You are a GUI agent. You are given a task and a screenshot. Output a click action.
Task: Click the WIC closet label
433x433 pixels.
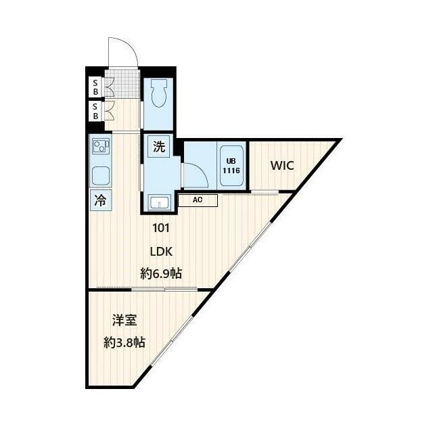[282, 165]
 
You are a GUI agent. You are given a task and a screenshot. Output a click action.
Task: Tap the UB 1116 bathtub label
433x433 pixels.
[231, 166]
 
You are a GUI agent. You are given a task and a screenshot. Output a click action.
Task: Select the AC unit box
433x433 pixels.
[198, 200]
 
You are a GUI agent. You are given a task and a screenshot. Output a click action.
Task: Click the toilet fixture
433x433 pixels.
[158, 93]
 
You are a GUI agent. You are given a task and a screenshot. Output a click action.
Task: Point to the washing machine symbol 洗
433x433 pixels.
[159, 146]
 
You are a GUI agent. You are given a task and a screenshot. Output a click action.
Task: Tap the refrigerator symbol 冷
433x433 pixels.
[101, 200]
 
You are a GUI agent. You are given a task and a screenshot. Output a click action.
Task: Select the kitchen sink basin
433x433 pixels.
[101, 176]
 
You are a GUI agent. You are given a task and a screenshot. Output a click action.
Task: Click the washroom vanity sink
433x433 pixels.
[160, 202]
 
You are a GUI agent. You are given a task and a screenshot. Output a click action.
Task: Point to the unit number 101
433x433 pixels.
[161, 228]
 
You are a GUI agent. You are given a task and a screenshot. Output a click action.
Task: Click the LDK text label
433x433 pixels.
[161, 252]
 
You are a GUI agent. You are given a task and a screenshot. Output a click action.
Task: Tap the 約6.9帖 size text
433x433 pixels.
[161, 273]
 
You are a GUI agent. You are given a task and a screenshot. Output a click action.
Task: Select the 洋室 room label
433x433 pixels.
[124, 320]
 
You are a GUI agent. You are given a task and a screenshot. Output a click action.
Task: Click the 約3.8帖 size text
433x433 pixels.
[124, 343]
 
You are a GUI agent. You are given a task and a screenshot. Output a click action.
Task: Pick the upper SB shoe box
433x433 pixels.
[95, 87]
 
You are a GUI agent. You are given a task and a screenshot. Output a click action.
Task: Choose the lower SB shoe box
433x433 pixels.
[95, 111]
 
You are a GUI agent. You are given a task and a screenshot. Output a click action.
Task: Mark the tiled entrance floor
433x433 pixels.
[122, 83]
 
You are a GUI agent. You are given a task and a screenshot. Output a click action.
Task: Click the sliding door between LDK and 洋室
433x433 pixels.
[164, 290]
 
